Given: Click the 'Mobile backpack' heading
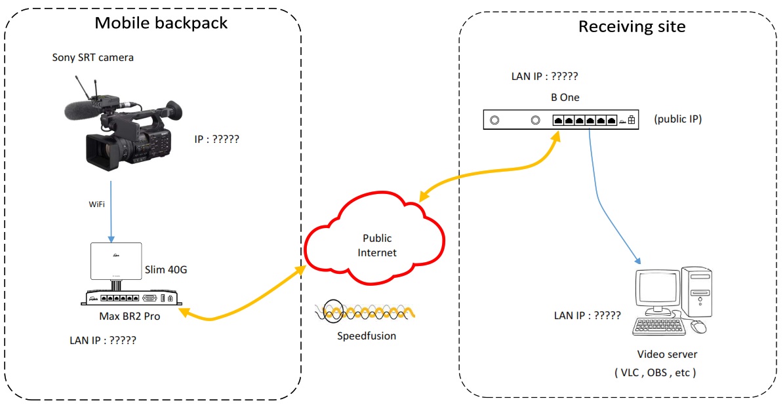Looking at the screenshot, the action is (x=161, y=23).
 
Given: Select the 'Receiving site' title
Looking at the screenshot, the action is (x=632, y=26).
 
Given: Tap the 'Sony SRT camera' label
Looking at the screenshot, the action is (x=93, y=58).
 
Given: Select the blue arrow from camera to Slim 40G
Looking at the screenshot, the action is (x=111, y=210).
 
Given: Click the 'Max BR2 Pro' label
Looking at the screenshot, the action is (x=130, y=316).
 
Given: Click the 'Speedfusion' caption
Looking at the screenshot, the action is (x=367, y=336).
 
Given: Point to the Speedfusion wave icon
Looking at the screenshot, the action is (x=365, y=312).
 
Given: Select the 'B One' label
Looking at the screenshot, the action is (x=565, y=98).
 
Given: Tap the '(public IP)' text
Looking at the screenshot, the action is (x=677, y=120).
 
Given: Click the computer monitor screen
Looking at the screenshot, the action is (x=656, y=289).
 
